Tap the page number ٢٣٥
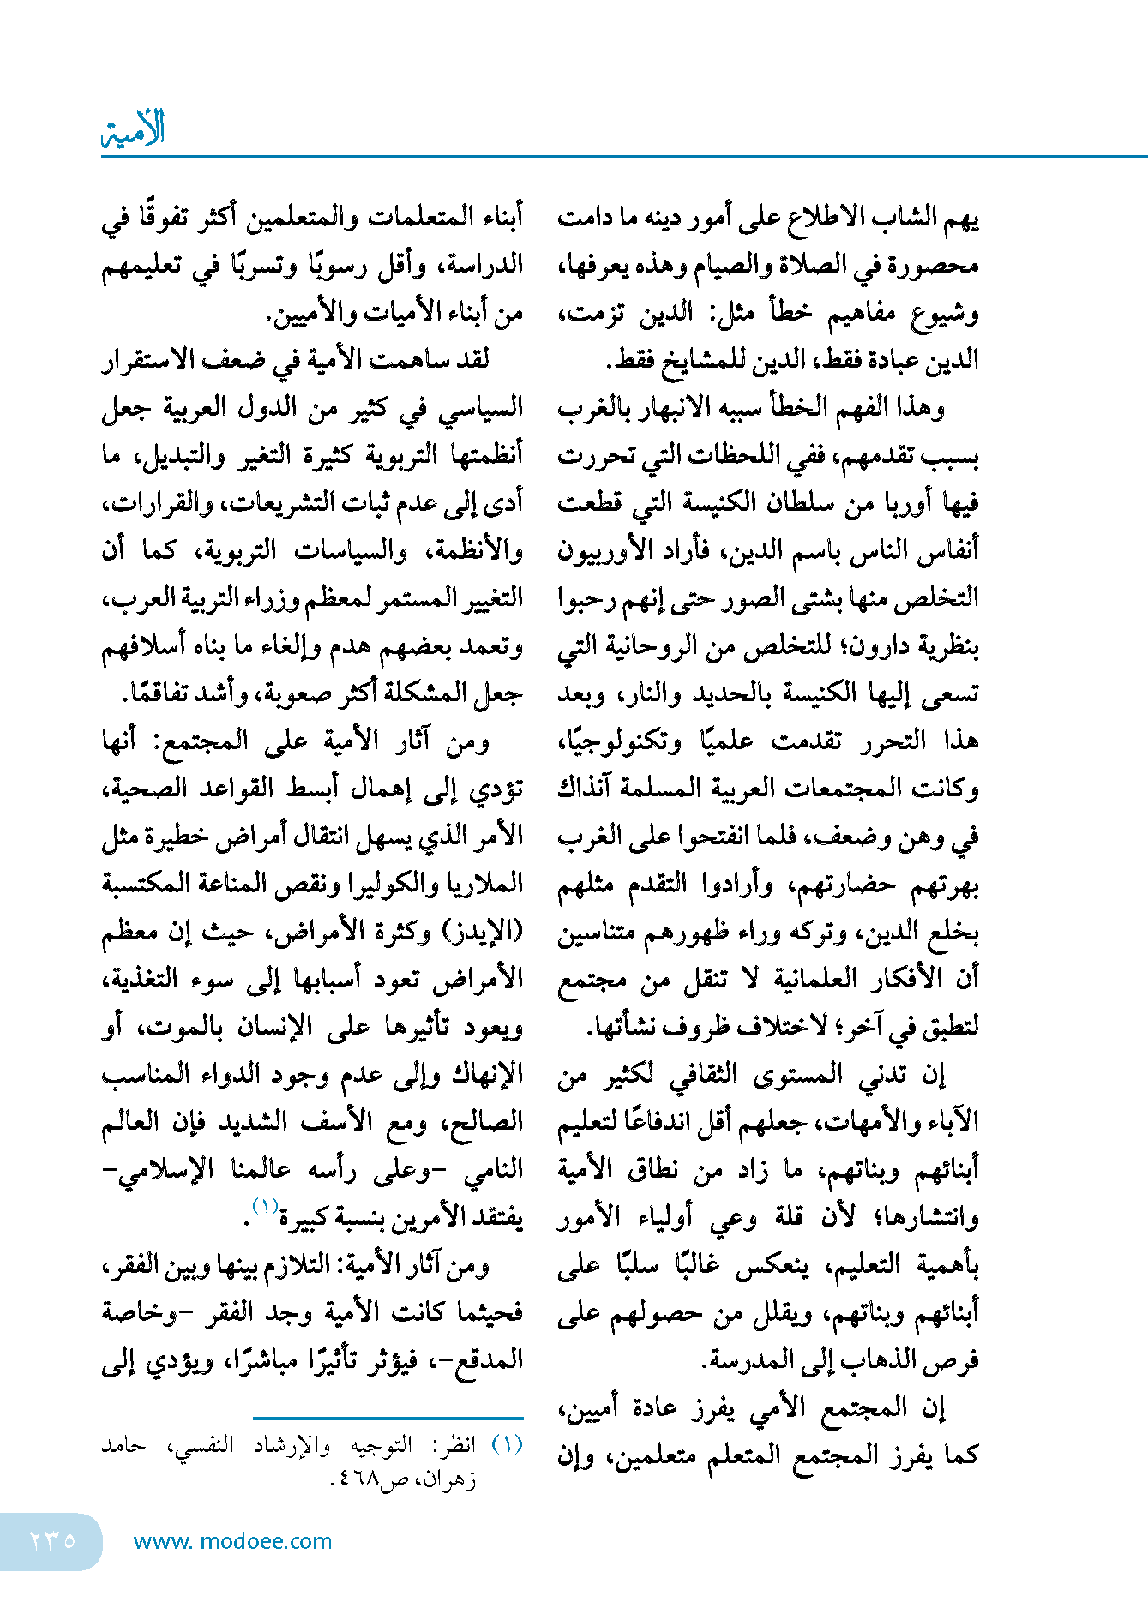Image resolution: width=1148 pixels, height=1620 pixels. coord(52,1540)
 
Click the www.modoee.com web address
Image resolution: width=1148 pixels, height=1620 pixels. coord(232,1541)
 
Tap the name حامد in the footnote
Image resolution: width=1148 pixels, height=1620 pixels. coord(123,1446)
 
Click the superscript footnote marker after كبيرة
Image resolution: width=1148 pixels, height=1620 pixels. coord(264,1207)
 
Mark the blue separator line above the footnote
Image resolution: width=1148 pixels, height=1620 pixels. coord(388,1419)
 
